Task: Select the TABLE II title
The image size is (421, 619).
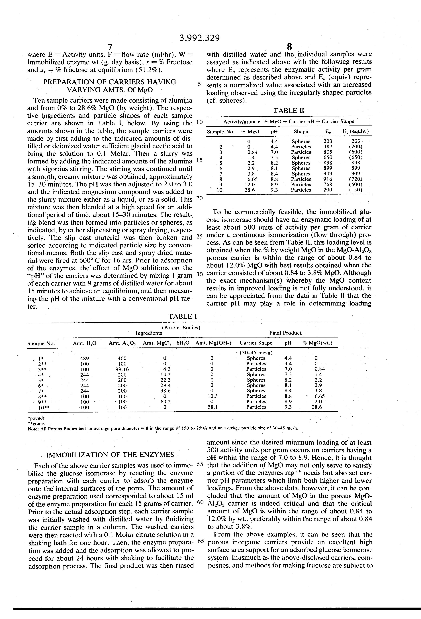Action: (289, 111)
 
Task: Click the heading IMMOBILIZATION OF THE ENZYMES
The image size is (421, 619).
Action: (111, 454)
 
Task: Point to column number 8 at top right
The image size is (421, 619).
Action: (290, 47)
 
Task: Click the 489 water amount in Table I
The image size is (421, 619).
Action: (85, 358)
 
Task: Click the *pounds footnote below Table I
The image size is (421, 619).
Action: (36, 418)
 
